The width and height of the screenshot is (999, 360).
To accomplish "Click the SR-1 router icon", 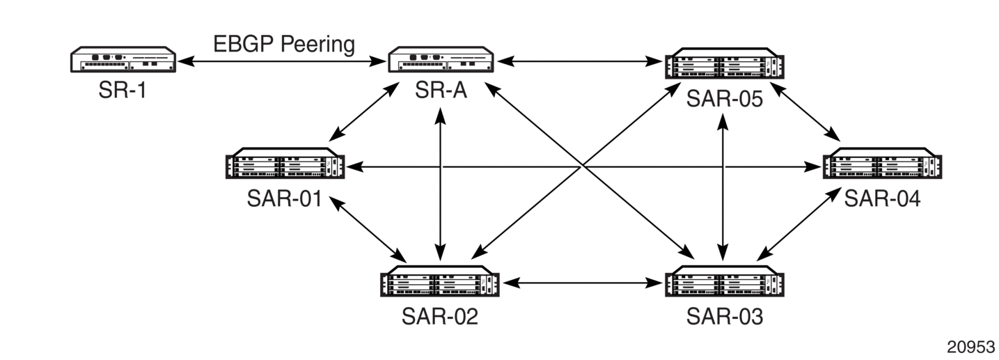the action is coord(123,59).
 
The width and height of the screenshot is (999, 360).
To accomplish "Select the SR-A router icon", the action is coord(441,59).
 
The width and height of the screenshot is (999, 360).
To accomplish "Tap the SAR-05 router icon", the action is coord(724,63).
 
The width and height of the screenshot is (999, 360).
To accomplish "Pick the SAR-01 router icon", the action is coord(285,163).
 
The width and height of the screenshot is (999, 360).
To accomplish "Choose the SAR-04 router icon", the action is coord(882,163).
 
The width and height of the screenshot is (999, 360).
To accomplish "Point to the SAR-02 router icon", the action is coord(440,281).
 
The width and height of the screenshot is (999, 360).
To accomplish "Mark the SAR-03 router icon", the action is coord(724,281).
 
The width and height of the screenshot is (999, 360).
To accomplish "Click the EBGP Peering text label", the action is coord(284,44).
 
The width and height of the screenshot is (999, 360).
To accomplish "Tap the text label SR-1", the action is coord(123,90).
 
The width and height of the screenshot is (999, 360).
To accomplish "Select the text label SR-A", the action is coord(441,90).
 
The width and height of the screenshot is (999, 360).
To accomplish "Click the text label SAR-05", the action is coord(724,99).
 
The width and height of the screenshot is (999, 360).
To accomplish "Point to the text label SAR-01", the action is coord(285,198).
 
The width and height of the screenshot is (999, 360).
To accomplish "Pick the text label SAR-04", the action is coord(882,198).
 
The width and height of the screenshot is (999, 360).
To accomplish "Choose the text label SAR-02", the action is coord(440,316).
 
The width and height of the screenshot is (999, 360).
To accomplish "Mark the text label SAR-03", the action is coord(724,316).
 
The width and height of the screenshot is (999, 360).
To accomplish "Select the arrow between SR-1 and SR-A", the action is coord(282,61).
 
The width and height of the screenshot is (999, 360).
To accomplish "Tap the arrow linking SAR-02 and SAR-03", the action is coord(581,283).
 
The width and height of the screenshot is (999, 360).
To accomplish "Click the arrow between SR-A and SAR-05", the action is coord(579,61).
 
